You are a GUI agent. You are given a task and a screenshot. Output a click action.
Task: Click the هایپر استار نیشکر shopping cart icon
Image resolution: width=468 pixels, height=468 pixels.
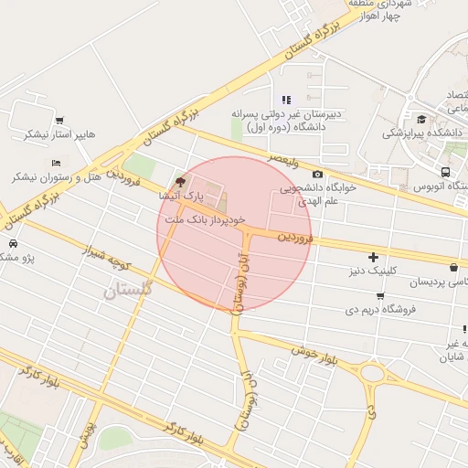click(x=59, y=120)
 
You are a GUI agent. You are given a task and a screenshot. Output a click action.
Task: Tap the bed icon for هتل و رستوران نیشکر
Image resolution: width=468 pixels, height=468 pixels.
click(x=56, y=162)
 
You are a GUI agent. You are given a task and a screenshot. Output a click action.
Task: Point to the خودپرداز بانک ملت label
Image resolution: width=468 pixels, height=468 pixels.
click(x=206, y=220)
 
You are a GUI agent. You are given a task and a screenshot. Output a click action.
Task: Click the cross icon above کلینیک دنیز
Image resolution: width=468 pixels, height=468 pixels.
click(x=373, y=257)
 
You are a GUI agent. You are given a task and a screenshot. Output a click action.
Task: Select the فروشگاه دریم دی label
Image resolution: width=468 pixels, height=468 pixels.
click(x=382, y=309)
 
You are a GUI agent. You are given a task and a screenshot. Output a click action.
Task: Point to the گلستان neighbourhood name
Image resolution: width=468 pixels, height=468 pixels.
click(x=122, y=292)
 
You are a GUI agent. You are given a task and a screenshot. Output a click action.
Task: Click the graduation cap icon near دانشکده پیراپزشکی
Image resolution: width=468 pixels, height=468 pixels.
click(x=421, y=119)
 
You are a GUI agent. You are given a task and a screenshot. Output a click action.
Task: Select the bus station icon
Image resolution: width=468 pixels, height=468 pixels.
click(x=445, y=172)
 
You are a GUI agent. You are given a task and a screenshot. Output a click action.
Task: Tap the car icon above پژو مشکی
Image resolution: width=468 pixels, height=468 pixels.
click(x=14, y=244)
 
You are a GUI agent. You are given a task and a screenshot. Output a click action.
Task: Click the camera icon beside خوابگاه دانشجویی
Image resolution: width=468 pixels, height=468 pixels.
click(x=317, y=175)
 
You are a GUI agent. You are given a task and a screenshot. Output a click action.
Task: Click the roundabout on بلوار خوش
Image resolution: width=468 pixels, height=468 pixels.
click(x=372, y=372)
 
